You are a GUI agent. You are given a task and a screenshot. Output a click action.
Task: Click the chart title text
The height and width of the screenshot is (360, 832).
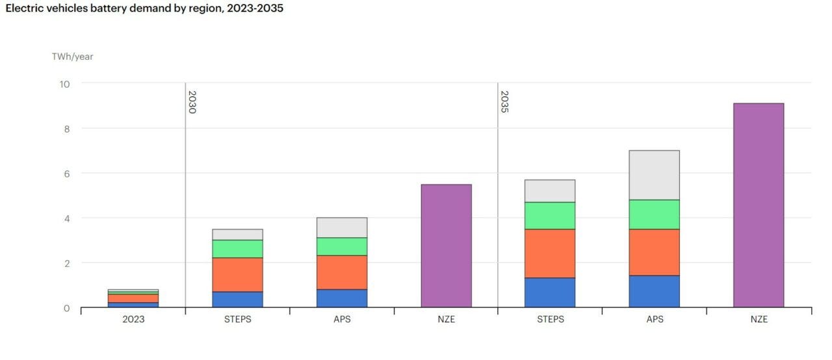[x=144, y=9]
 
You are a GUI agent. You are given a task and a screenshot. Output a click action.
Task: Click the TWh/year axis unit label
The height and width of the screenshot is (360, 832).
[x=72, y=57]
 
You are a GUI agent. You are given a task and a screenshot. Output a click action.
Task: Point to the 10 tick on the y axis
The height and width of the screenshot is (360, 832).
[x=64, y=84]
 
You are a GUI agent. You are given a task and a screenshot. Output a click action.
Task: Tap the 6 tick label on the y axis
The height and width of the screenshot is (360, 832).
[x=66, y=174]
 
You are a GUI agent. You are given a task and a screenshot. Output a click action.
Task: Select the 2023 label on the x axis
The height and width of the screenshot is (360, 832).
[x=133, y=319]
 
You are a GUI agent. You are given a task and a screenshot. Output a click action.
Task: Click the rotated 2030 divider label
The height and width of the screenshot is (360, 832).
[x=192, y=102]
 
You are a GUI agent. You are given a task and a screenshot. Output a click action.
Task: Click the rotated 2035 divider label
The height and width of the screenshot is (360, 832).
[x=504, y=102]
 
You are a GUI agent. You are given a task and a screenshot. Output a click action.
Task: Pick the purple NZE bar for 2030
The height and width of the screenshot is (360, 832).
[x=446, y=246]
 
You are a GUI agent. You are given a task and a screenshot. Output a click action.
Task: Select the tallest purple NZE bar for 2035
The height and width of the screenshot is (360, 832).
[x=758, y=205]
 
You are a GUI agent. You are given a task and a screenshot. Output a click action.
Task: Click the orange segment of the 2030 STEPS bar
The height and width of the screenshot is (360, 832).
[x=237, y=274]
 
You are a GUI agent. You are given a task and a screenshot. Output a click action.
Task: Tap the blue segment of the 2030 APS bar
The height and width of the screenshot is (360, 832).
[x=342, y=298]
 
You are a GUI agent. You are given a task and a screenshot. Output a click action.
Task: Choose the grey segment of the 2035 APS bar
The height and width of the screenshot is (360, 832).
[x=654, y=175]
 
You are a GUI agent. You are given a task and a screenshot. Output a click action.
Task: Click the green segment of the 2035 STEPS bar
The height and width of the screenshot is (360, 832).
[x=550, y=215]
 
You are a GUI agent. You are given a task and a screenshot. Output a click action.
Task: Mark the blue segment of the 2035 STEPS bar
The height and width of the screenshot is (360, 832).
[x=550, y=292]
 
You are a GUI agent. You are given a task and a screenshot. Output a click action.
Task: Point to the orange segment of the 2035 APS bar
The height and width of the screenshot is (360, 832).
[x=654, y=252]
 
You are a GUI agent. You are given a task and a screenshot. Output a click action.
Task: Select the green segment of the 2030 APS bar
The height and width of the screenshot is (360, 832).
[x=342, y=246]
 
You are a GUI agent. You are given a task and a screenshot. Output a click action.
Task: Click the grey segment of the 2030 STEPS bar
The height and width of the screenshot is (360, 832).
[x=237, y=235]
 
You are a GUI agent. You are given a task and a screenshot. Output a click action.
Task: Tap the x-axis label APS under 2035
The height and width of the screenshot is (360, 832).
[x=654, y=319]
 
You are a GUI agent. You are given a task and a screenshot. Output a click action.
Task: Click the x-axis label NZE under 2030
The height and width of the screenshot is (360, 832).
[x=446, y=319]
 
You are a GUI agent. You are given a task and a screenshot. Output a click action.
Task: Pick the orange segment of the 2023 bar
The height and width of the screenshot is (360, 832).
[x=133, y=298]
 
